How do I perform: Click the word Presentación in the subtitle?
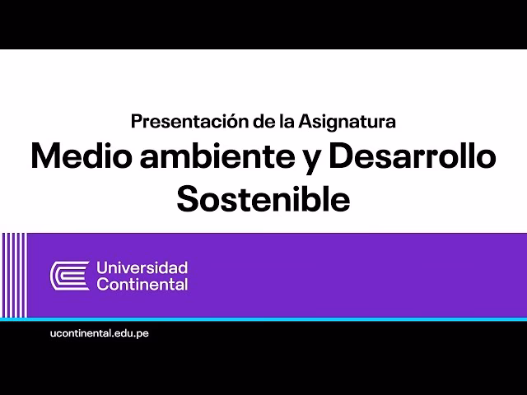point(179,122)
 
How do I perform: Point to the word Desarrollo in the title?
point(412,156)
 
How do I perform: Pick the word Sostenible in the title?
point(263,199)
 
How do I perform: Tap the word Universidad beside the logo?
point(142,267)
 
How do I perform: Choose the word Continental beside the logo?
point(142,285)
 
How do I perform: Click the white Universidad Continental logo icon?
point(70,276)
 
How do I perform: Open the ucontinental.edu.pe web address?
point(100,332)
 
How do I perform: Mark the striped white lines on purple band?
point(13,275)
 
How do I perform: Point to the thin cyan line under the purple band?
point(263,318)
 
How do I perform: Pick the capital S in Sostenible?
point(189,199)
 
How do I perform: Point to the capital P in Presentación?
point(137,122)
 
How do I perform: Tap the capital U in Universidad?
point(102,267)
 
